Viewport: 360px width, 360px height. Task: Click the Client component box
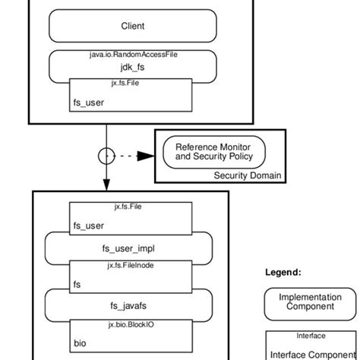click(x=132, y=27)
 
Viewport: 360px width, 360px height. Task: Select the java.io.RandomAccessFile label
click(x=132, y=55)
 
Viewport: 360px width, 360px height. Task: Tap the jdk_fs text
click(x=132, y=68)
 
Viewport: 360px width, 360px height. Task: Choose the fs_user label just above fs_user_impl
click(x=87, y=225)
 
